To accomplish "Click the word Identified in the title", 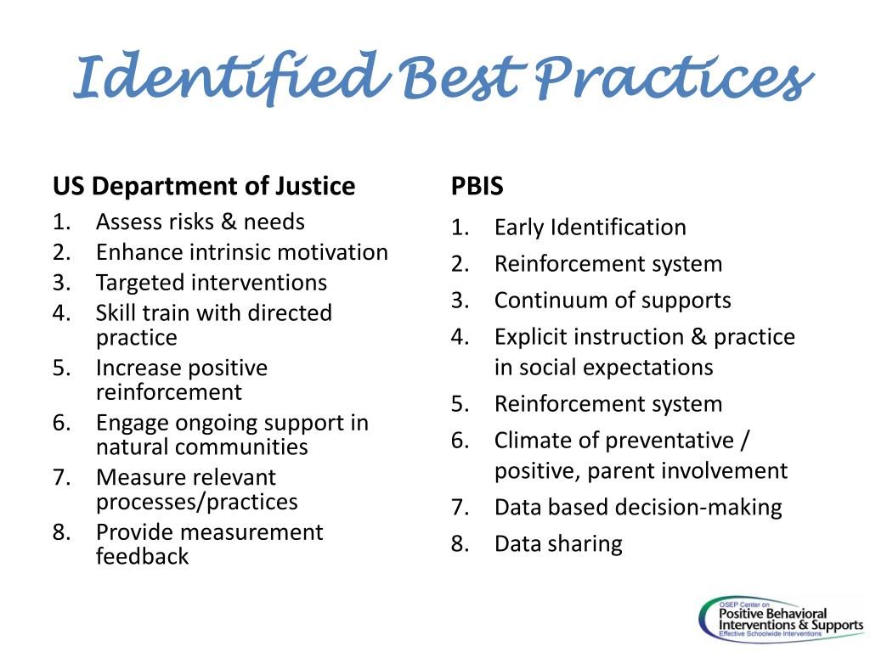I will coord(225,79).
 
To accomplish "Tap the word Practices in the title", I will coord(669,79).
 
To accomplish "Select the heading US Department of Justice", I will coord(204,186).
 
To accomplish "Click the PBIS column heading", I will coord(477,187).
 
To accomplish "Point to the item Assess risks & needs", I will coord(200,222).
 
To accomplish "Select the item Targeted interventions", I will coord(211,283).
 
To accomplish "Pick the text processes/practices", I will coord(196,502).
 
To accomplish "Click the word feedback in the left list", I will coord(142,557).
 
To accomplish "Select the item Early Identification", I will coord(590,228).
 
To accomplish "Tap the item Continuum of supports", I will coord(612,301).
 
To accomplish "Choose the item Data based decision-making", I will coord(637,508).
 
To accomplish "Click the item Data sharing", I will coord(558,544).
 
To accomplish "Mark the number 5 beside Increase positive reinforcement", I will coord(60,368).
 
